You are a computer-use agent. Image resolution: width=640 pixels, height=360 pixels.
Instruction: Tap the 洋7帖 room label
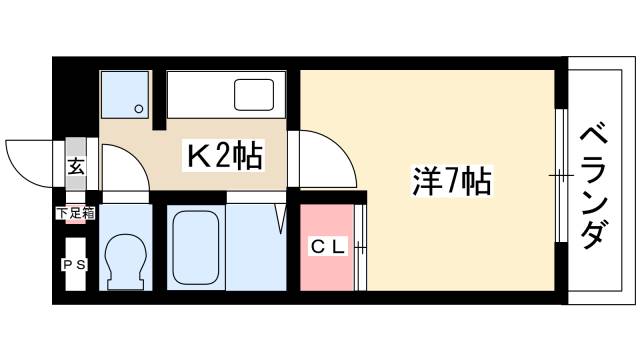[452, 182]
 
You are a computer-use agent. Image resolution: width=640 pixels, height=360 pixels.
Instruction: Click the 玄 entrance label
[76, 167]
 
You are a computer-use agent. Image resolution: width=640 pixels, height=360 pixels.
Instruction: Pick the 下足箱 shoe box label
[76, 212]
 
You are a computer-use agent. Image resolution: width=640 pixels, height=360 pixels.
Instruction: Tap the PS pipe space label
[75, 265]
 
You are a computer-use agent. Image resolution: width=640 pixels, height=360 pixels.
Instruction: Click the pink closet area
[327, 248]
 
